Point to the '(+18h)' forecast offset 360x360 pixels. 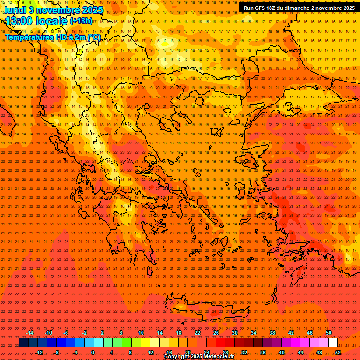coord(81,21)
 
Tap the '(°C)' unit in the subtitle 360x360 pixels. coord(94,37)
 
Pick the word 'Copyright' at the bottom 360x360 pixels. coord(177,357)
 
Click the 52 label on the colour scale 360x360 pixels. coord(338,352)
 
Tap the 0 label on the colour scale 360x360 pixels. coord(93,352)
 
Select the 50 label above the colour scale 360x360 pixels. coord(329,333)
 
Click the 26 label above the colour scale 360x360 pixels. coord(216,333)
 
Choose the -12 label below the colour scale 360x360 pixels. coord(39,352)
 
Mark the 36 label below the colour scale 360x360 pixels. coord(263,352)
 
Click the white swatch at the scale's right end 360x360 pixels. coord(333,343)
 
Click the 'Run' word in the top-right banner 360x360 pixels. coord(249,8)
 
